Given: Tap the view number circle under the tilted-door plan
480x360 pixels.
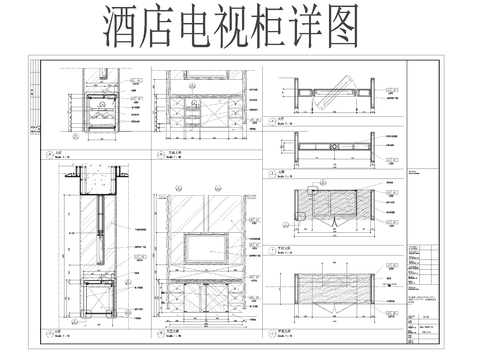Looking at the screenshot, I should (x=265, y=118).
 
